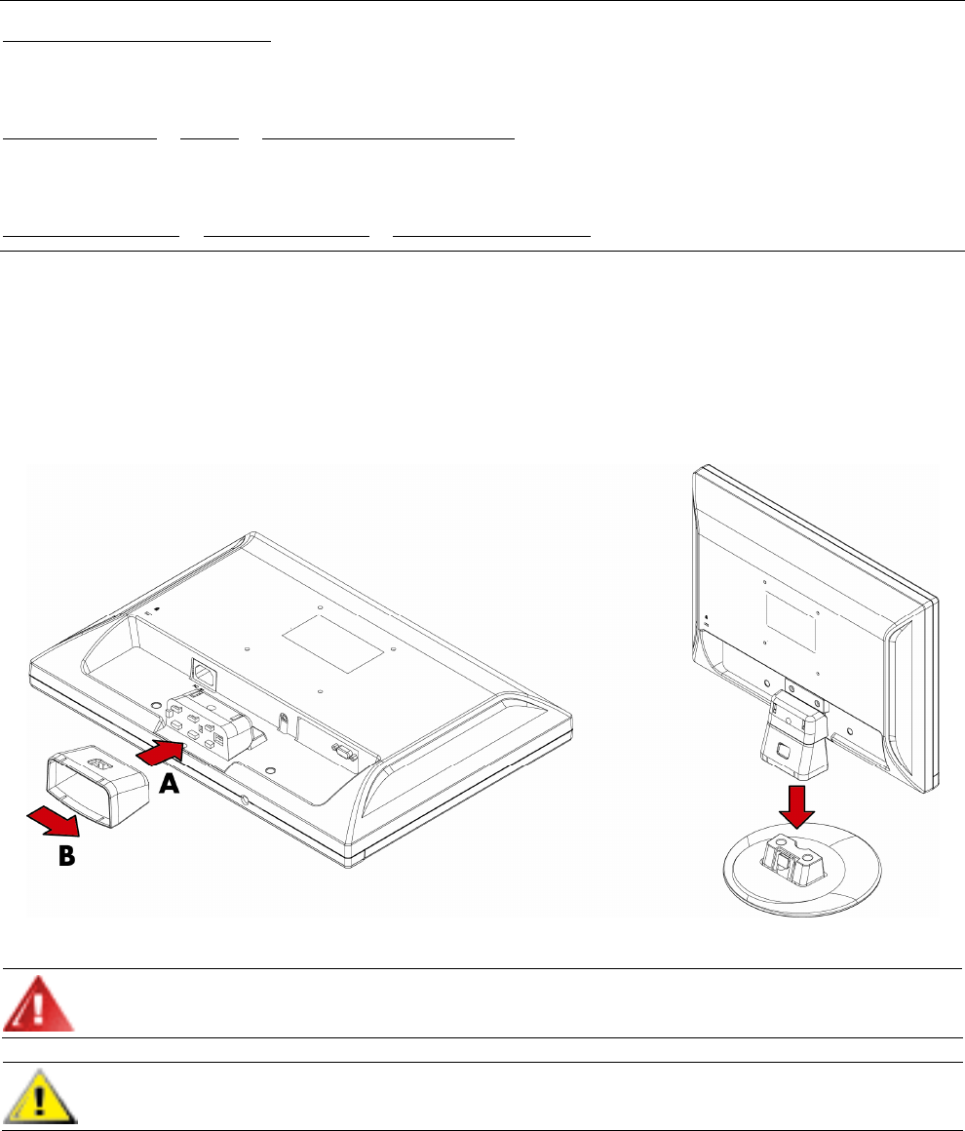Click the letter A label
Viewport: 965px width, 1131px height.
click(170, 784)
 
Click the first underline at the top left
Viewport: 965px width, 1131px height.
click(135, 42)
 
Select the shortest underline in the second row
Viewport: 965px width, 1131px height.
click(210, 138)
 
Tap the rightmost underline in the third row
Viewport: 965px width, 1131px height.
click(492, 235)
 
